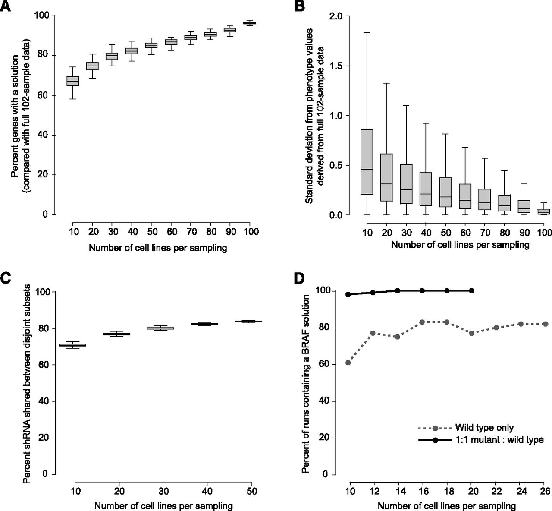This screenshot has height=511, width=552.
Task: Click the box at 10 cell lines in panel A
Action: click(72, 81)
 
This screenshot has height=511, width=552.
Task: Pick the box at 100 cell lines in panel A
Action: click(250, 23)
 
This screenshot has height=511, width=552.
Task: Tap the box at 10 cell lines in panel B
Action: click(367, 162)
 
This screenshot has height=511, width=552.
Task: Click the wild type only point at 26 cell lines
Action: click(545, 324)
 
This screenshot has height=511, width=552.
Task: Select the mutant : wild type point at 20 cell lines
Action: click(471, 290)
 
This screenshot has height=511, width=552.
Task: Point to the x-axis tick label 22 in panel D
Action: click(496, 491)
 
